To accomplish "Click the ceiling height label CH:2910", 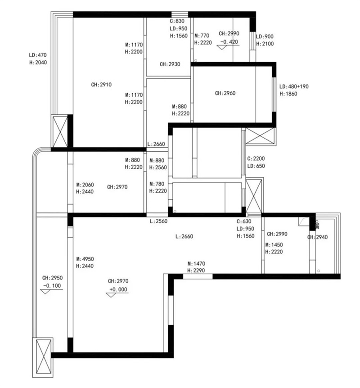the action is click(101, 85).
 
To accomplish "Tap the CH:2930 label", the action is click(170, 64).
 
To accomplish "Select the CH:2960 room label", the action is click(225, 93).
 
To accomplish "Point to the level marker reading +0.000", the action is click(118, 289).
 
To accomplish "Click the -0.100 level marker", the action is click(52, 285).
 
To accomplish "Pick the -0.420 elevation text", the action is click(229, 42).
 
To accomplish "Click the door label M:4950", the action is click(85, 259).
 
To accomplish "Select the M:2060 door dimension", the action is click(85, 185).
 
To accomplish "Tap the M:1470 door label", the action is click(196, 264).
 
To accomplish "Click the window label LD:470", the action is click(38, 55).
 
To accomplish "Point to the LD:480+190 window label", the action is click(294, 86).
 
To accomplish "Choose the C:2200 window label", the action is click(256, 158).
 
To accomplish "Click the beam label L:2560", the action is click(158, 221).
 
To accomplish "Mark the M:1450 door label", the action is click(274, 245).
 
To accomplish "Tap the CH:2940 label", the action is click(317, 237).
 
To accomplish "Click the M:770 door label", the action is click(202, 36).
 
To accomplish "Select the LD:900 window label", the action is click(265, 36).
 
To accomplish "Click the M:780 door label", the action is click(157, 184).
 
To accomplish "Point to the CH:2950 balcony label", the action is click(53, 278).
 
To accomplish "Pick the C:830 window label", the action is click(177, 21).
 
